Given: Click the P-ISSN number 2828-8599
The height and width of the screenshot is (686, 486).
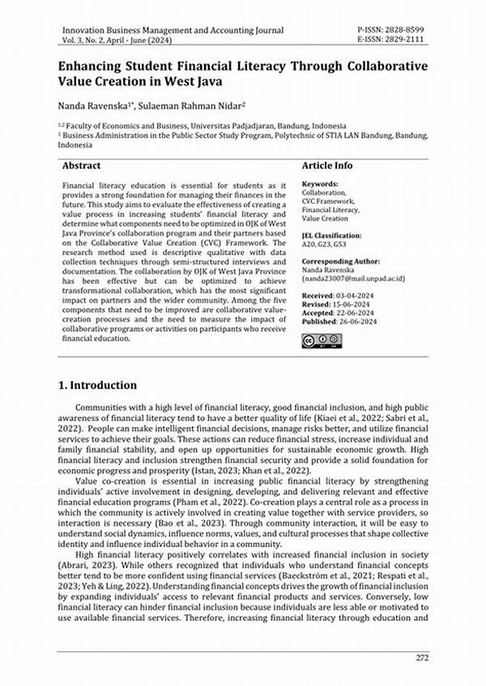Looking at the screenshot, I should click(x=402, y=30).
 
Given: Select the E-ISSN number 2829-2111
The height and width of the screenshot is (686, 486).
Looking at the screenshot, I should click(x=402, y=40).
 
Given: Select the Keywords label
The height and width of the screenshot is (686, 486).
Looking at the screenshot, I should click(x=319, y=184).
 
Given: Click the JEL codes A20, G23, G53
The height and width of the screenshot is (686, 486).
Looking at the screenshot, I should click(x=323, y=244).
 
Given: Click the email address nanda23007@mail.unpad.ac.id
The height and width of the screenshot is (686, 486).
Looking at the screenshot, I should click(x=354, y=279).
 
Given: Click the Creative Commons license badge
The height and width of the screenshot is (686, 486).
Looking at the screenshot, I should click(x=322, y=341).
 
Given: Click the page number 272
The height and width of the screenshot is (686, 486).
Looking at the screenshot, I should click(x=422, y=657).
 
